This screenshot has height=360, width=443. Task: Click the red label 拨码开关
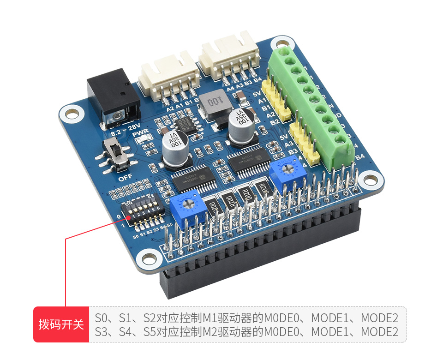[61, 324]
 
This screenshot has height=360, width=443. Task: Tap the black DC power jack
[113, 97]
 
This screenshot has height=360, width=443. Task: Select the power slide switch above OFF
[117, 154]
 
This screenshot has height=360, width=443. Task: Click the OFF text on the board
[125, 178]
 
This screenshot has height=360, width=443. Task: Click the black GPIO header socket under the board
[258, 263]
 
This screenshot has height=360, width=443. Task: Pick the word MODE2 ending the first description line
[379, 318]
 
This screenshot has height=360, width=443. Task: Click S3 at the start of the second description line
[101, 332]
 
